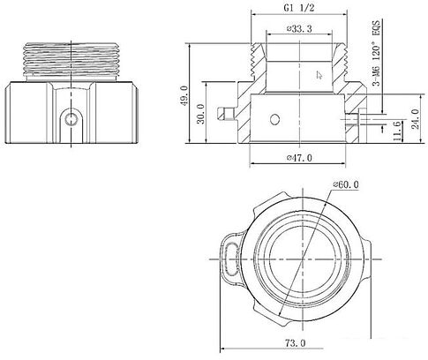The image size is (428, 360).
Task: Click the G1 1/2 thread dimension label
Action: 299,8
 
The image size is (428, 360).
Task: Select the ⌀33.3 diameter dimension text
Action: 299,29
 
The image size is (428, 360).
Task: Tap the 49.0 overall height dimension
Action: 184,95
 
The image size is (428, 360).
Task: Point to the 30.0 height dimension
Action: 201,114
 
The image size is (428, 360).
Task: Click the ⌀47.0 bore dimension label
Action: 299,158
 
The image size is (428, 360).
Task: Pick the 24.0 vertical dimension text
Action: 416,119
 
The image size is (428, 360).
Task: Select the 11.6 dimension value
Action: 397,131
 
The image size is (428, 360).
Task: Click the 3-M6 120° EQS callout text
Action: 376,52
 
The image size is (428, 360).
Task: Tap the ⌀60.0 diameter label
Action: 346,184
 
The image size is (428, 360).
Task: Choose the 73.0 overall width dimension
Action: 295,342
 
